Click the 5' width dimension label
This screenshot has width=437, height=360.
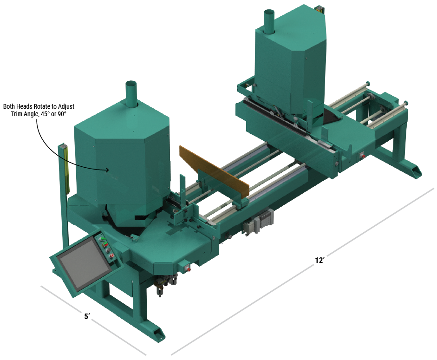pyautogui.click(x=87, y=316)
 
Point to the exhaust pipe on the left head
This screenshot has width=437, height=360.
pyautogui.click(x=132, y=93)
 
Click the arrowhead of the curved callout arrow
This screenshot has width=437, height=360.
pyautogui.click(x=107, y=170)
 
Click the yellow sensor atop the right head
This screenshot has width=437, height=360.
pyautogui.click(x=320, y=9)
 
